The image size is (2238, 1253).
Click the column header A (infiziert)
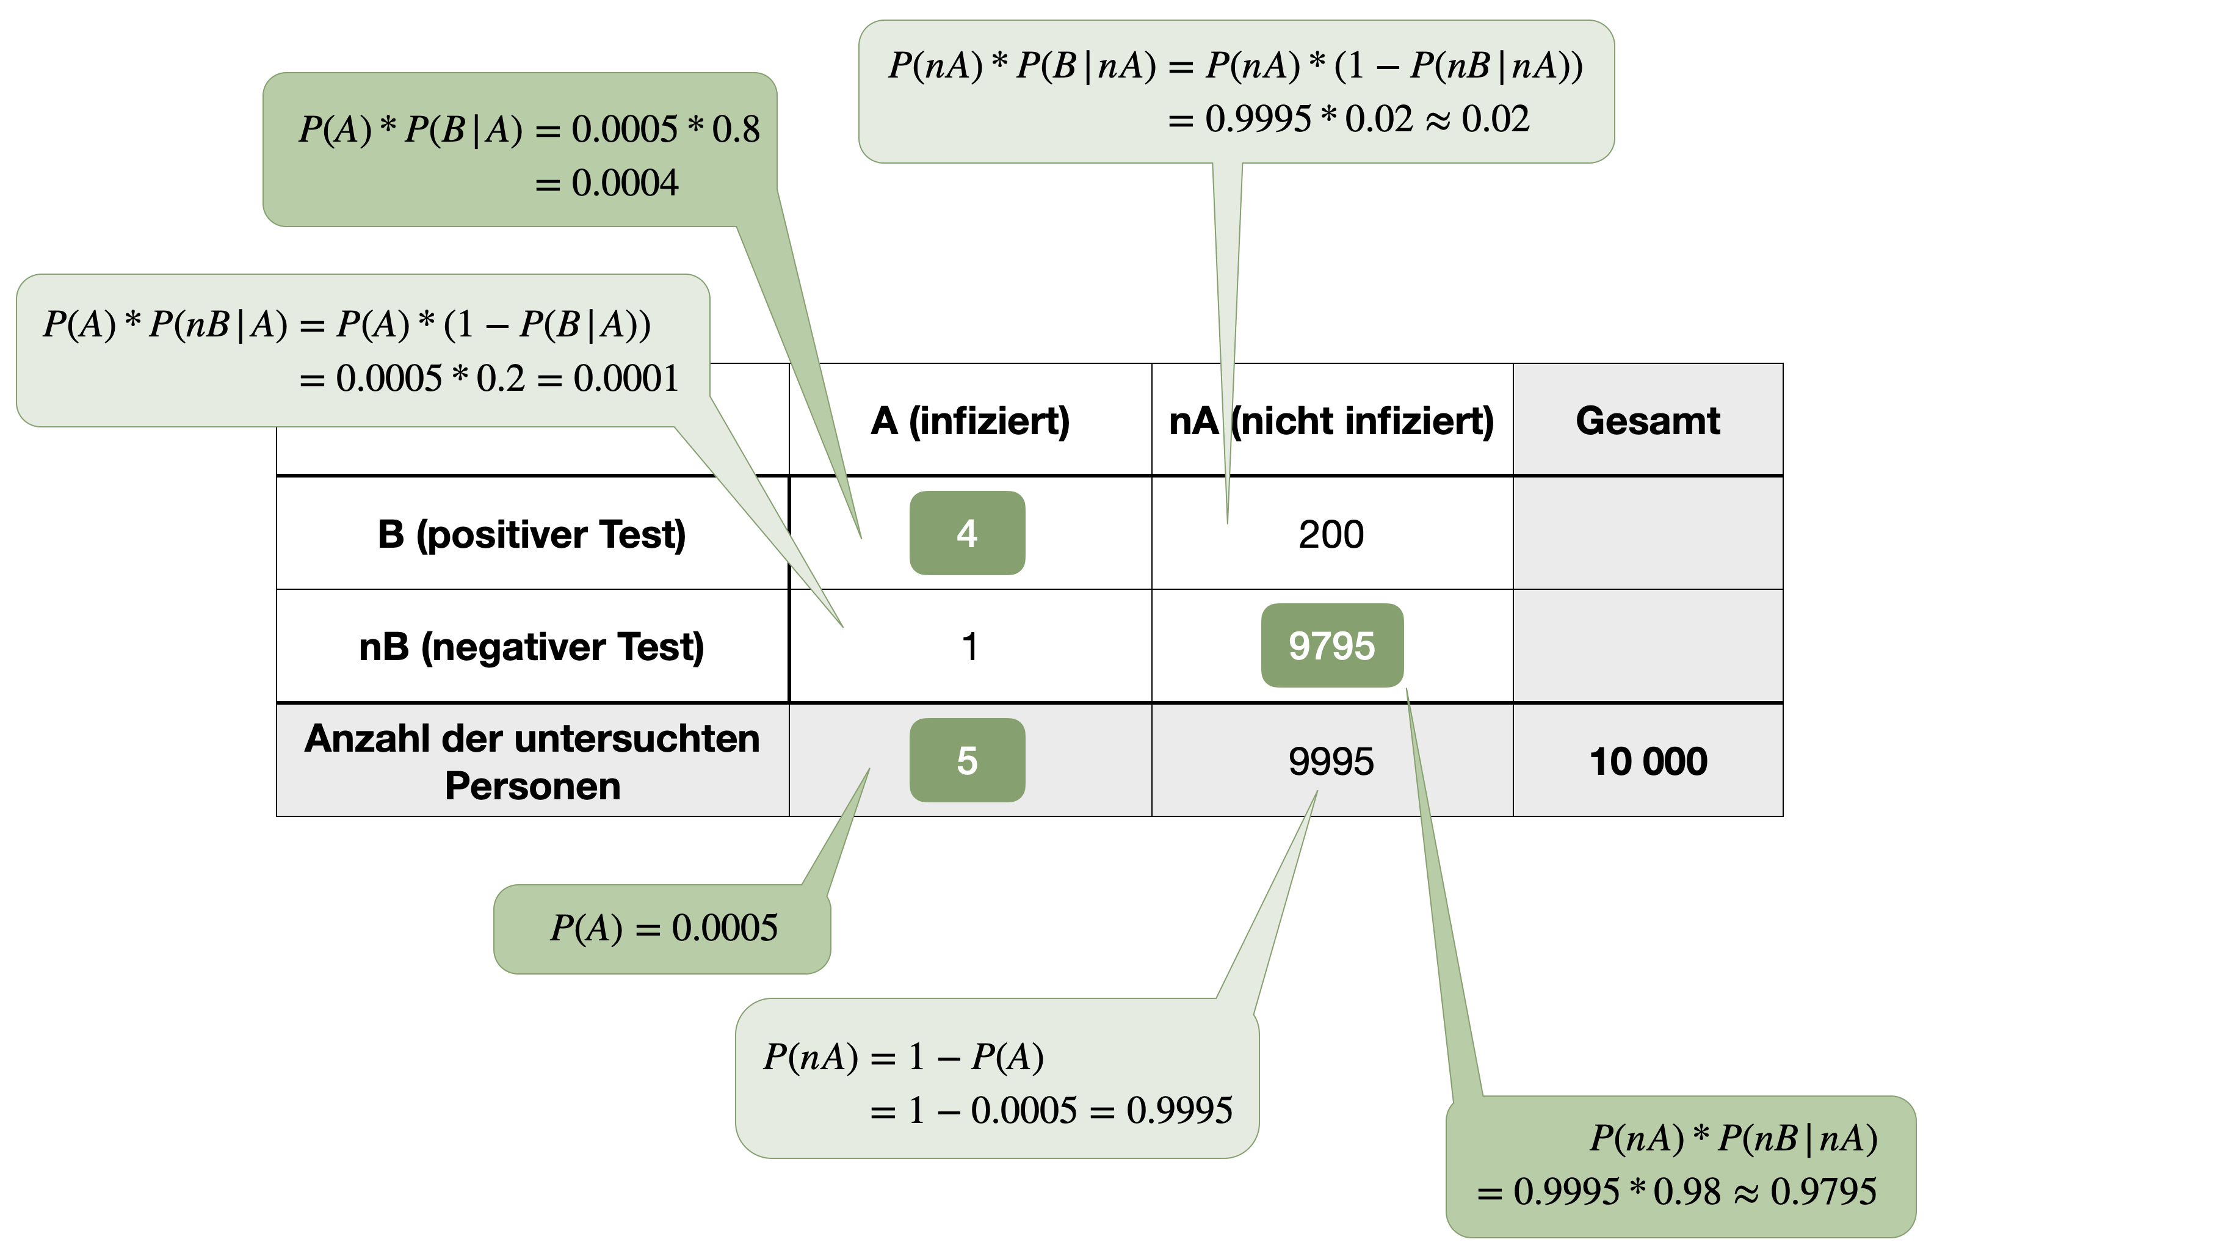[x=969, y=421]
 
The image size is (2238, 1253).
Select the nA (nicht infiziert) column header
[x=1331, y=421]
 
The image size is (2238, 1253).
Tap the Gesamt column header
[x=1647, y=421]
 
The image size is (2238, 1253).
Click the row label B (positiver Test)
[x=532, y=534]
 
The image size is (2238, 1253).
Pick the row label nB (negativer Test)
[x=532, y=647]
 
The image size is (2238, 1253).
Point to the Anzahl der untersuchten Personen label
[x=532, y=762]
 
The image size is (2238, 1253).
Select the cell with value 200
[x=1331, y=534]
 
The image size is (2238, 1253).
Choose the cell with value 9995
[x=1331, y=762]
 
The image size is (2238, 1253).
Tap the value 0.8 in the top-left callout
[x=736, y=129]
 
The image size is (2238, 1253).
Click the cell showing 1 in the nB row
[x=969, y=647]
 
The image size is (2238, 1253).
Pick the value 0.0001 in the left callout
[x=626, y=379]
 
